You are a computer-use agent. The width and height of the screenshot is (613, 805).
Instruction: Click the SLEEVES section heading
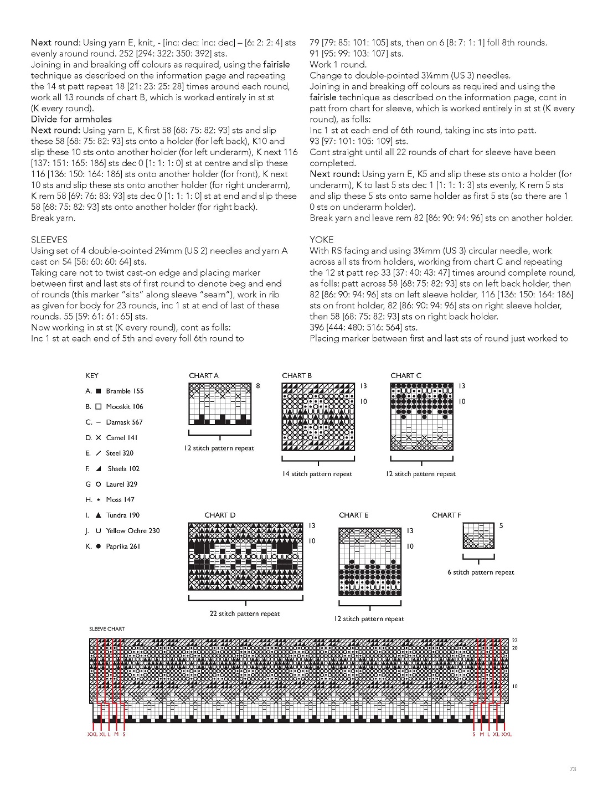click(x=49, y=240)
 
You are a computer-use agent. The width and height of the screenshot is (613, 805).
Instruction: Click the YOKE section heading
click(x=322, y=240)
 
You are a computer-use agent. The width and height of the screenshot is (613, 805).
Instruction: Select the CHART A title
click(x=204, y=375)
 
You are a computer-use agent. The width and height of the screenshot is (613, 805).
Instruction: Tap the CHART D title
click(x=220, y=515)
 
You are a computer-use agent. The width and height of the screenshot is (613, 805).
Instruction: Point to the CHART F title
click(x=446, y=515)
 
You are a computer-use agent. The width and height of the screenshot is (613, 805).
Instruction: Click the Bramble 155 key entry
click(x=125, y=391)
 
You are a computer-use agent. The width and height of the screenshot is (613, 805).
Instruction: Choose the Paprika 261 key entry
click(x=123, y=546)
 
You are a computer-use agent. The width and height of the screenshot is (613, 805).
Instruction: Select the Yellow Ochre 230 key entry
click(x=132, y=530)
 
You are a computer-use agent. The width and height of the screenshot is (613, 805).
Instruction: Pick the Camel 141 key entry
click(x=122, y=437)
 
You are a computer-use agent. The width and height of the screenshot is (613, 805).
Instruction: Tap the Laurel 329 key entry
click(x=121, y=484)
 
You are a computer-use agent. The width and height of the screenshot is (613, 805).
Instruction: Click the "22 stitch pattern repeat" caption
click(x=245, y=613)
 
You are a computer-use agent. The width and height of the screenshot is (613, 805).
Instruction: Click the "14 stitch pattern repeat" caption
click(x=317, y=474)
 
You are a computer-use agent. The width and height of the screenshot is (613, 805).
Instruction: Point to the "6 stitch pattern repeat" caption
click(x=481, y=572)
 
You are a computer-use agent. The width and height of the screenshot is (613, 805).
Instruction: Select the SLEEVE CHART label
click(x=107, y=629)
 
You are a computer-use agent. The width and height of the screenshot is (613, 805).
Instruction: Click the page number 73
click(x=573, y=769)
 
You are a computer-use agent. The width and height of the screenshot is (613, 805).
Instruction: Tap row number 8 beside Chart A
click(x=258, y=386)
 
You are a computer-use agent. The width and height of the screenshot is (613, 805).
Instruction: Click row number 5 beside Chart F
click(x=501, y=525)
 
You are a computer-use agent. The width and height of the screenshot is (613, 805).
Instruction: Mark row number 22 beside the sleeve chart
click(x=515, y=641)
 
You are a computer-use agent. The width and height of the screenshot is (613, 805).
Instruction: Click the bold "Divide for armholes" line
click(x=71, y=119)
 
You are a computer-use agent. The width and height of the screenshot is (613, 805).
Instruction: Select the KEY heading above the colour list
click(x=92, y=375)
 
